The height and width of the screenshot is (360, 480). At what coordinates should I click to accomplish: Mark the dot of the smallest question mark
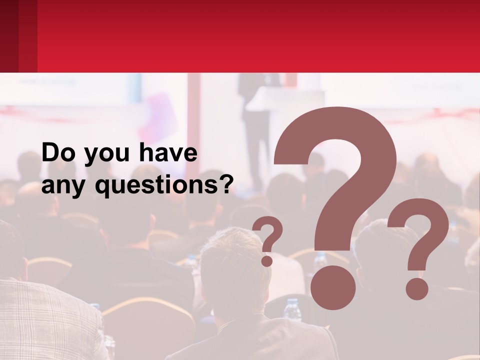tap(267, 260)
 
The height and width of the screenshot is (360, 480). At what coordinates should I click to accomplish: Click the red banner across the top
tap(250, 35)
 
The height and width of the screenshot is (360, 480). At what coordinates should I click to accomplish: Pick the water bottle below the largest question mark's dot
tap(291, 310)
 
